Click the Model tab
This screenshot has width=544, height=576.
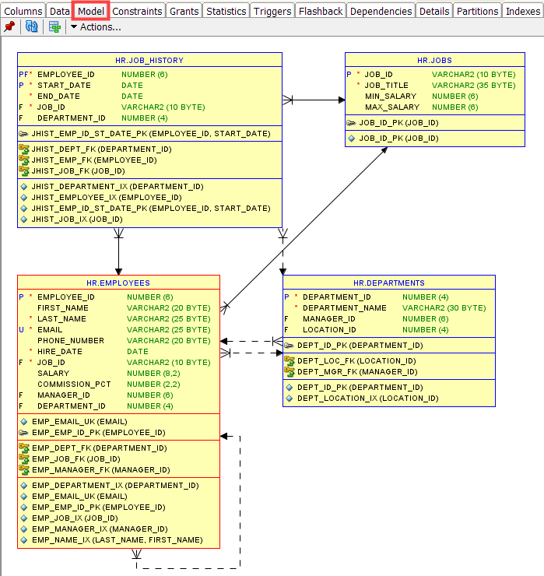click(x=91, y=12)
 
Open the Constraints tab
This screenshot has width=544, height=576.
click(x=137, y=12)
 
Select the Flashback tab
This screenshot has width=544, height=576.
click(x=321, y=12)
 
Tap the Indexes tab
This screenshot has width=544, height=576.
click(x=523, y=12)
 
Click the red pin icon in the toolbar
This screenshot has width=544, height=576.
click(x=9, y=26)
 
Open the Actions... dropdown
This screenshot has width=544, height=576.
click(x=96, y=27)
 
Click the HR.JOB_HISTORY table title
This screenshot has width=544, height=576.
click(x=149, y=60)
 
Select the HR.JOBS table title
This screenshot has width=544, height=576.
click(x=434, y=60)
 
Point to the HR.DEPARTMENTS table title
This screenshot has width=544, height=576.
click(x=389, y=283)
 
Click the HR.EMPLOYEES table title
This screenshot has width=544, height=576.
click(x=118, y=283)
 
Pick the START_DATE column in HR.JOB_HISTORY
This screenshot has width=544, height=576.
click(x=64, y=85)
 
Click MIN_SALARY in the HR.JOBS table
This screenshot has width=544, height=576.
click(x=391, y=97)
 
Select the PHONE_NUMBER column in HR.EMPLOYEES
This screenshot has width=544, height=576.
click(x=71, y=340)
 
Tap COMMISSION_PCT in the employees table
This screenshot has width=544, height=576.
click(x=74, y=385)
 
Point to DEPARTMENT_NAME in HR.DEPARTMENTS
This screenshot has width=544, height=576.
click(x=345, y=307)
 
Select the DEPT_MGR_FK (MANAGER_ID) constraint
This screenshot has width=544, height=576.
click(x=357, y=372)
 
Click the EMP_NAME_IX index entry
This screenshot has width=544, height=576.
click(x=118, y=540)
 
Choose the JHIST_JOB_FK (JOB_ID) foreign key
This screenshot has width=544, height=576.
click(x=79, y=170)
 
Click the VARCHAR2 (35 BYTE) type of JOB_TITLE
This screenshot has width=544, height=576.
click(x=473, y=85)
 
